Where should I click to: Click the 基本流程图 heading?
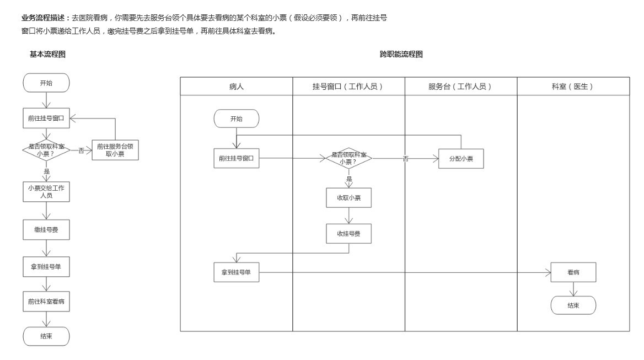(x=48, y=54)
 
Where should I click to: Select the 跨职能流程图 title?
(x=401, y=54)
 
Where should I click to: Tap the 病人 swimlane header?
(x=237, y=87)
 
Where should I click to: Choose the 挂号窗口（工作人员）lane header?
(x=348, y=87)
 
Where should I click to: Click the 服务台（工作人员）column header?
(x=461, y=87)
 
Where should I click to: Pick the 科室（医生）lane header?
(x=573, y=87)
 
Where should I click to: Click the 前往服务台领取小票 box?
(x=115, y=150)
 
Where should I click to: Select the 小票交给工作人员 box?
(x=46, y=191)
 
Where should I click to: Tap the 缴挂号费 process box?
(x=46, y=229)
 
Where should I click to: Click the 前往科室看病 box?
(x=46, y=302)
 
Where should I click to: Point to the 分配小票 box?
(x=461, y=159)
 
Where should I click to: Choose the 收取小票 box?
(x=348, y=198)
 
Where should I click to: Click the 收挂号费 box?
(x=348, y=234)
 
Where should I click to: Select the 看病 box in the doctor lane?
(x=573, y=272)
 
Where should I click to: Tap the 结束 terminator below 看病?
(x=573, y=305)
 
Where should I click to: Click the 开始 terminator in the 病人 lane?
(x=236, y=119)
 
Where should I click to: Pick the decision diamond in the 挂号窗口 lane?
(x=348, y=159)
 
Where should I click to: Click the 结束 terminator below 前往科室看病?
(x=46, y=336)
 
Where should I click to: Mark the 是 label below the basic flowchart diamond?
(x=47, y=171)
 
